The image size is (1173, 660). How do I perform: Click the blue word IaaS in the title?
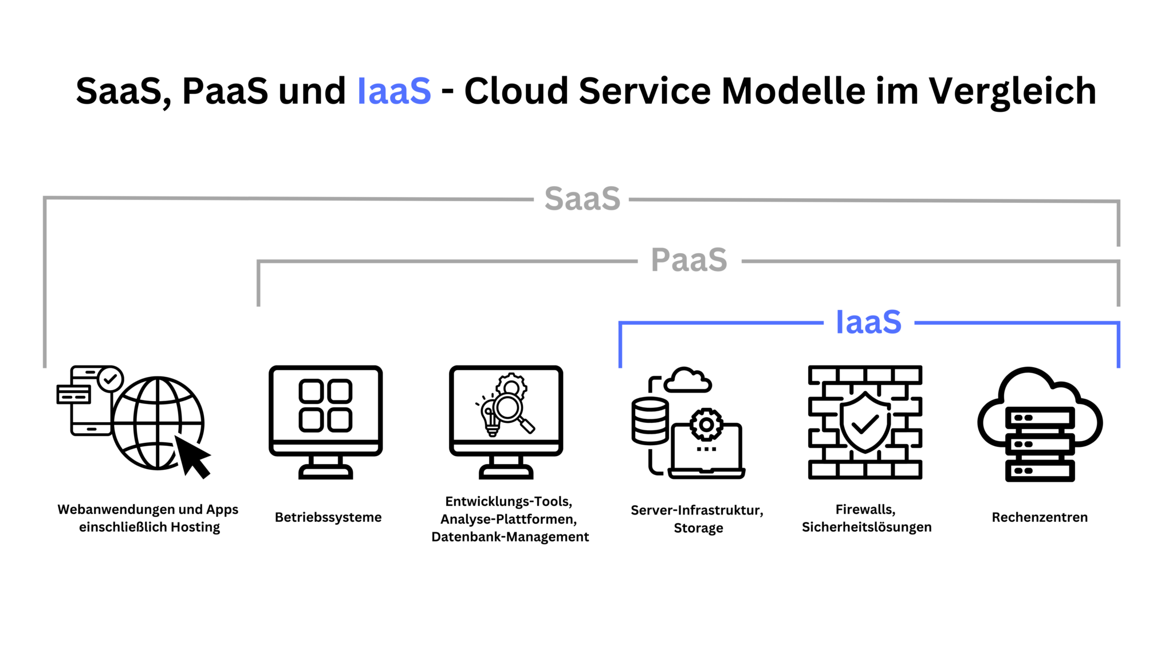tap(394, 91)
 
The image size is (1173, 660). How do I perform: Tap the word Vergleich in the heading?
tap(1012, 91)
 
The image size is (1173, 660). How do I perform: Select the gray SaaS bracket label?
tap(582, 199)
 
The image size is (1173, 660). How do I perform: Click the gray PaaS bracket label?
tap(689, 260)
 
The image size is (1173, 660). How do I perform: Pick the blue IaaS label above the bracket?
tap(868, 322)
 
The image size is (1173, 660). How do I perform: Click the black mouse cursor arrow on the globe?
tap(192, 456)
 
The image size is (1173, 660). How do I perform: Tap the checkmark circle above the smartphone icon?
tap(110, 379)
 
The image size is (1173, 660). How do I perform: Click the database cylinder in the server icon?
tap(650, 421)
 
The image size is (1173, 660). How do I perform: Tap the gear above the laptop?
tap(706, 425)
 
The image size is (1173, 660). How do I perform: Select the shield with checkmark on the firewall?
tap(864, 423)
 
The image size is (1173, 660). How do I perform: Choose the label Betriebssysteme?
tap(328, 517)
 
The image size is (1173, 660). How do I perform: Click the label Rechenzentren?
tap(1040, 517)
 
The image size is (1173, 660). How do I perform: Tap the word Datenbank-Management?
tap(510, 537)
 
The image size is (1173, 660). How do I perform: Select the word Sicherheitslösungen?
tap(867, 527)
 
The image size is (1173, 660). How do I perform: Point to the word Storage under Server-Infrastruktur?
tap(698, 528)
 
